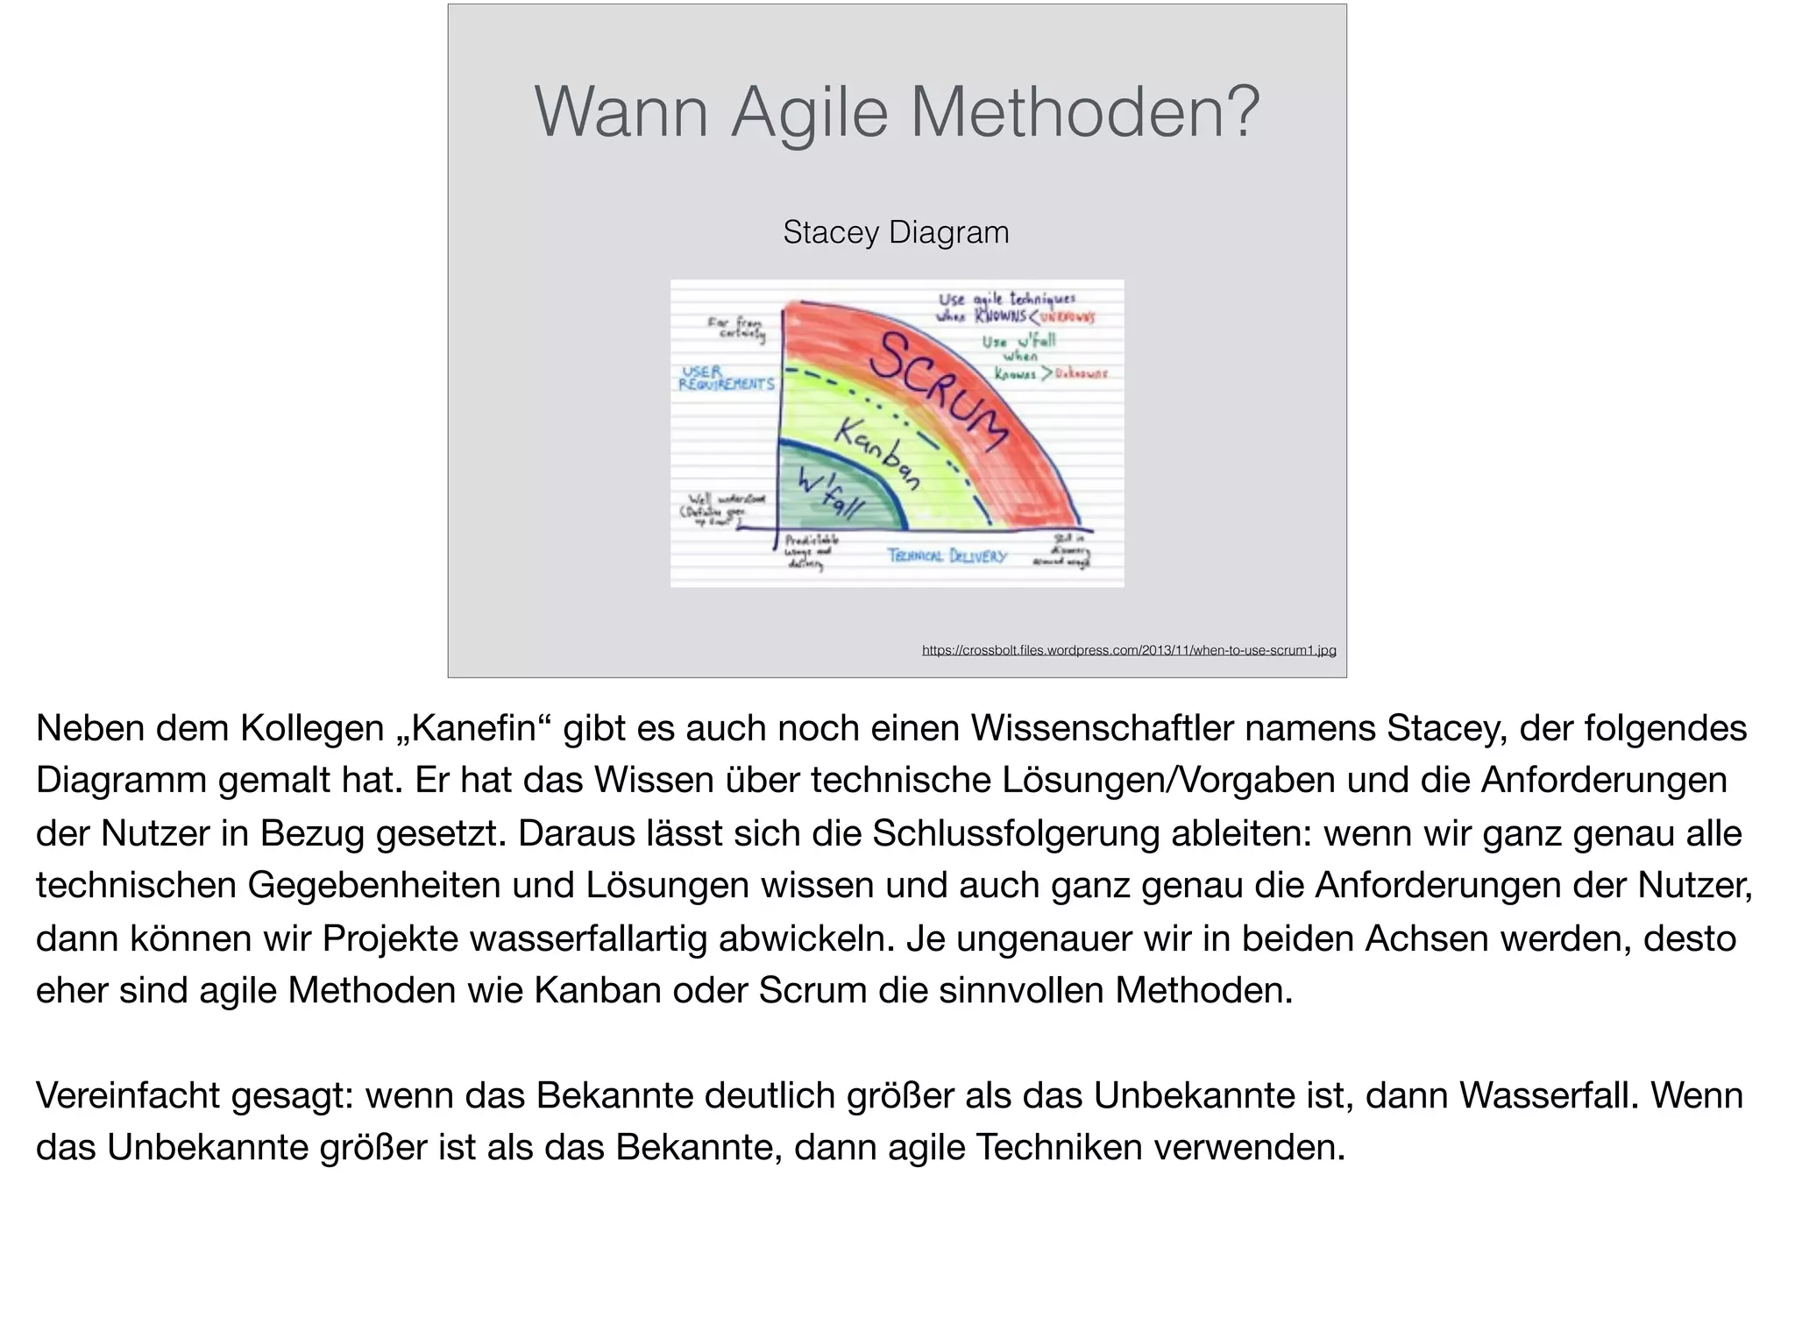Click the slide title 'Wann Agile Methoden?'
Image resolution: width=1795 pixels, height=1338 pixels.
[x=897, y=112]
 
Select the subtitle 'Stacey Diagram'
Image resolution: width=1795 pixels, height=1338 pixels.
[x=896, y=232]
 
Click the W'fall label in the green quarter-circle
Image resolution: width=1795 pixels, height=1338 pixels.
[x=829, y=494]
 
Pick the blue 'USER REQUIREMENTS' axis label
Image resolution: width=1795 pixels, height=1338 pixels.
[x=727, y=379]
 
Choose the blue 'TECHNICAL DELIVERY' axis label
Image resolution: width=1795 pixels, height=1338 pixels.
[x=947, y=556]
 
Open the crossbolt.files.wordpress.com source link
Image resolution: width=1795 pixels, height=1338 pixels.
[x=1129, y=650]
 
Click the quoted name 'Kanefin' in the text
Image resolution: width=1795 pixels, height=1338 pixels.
[x=474, y=728]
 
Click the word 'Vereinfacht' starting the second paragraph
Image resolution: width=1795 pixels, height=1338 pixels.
[x=128, y=1095]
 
